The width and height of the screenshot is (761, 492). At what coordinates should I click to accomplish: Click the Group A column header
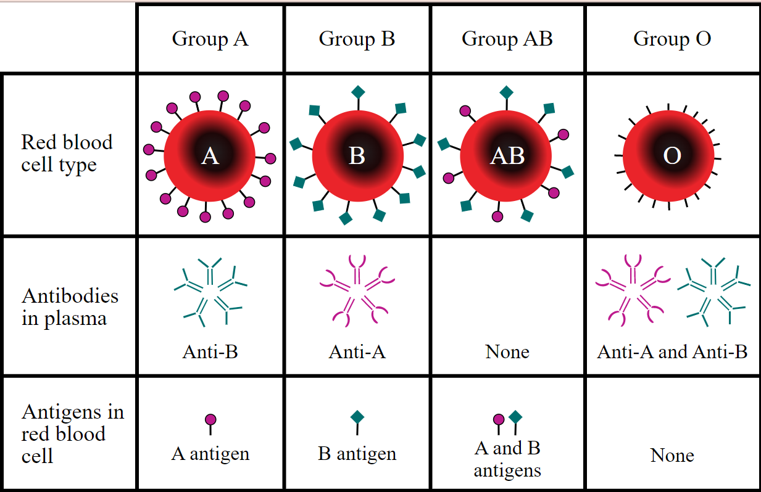pyautogui.click(x=210, y=39)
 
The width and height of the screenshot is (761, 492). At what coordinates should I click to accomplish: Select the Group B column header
pyautogui.click(x=357, y=39)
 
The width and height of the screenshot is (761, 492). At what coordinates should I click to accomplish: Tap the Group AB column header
pyautogui.click(x=507, y=39)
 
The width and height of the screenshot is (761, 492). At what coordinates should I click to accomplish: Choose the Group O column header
pyautogui.click(x=672, y=39)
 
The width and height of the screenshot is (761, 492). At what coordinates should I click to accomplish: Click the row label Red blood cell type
pyautogui.click(x=67, y=154)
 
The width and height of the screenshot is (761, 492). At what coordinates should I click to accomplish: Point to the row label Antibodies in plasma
pyautogui.click(x=70, y=307)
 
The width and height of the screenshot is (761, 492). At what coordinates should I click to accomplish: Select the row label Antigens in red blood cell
pyautogui.click(x=72, y=433)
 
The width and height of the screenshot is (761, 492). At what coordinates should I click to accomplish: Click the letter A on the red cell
pyautogui.click(x=210, y=157)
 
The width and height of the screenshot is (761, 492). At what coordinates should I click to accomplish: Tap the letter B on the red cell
pyautogui.click(x=357, y=157)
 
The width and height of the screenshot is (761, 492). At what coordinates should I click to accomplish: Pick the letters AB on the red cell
pyautogui.click(x=507, y=157)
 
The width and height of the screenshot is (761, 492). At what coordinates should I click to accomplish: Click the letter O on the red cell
pyautogui.click(x=672, y=157)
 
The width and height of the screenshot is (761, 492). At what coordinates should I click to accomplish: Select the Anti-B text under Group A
pyautogui.click(x=210, y=352)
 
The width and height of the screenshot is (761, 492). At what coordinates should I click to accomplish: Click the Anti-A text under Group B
pyautogui.click(x=357, y=352)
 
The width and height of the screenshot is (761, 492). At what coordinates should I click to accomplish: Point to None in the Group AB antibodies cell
pyautogui.click(x=507, y=352)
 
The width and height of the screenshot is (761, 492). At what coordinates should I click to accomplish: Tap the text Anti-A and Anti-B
pyautogui.click(x=672, y=352)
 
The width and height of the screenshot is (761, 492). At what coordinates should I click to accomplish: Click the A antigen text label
pyautogui.click(x=210, y=454)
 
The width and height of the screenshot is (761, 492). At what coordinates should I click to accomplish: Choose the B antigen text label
pyautogui.click(x=357, y=454)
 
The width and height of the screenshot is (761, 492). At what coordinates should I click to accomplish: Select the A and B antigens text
pyautogui.click(x=507, y=459)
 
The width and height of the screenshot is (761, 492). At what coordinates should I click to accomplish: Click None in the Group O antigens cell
pyautogui.click(x=672, y=456)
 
